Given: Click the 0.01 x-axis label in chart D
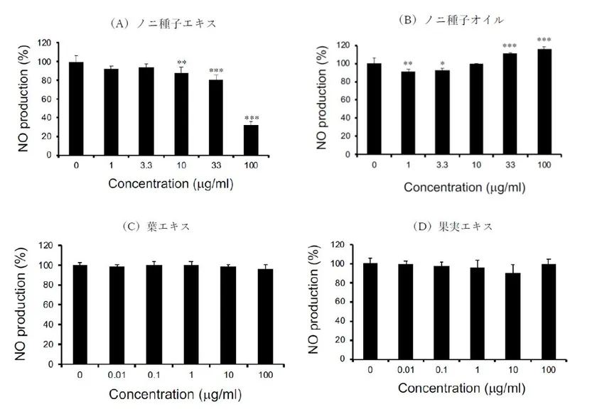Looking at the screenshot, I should [x=405, y=369].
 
